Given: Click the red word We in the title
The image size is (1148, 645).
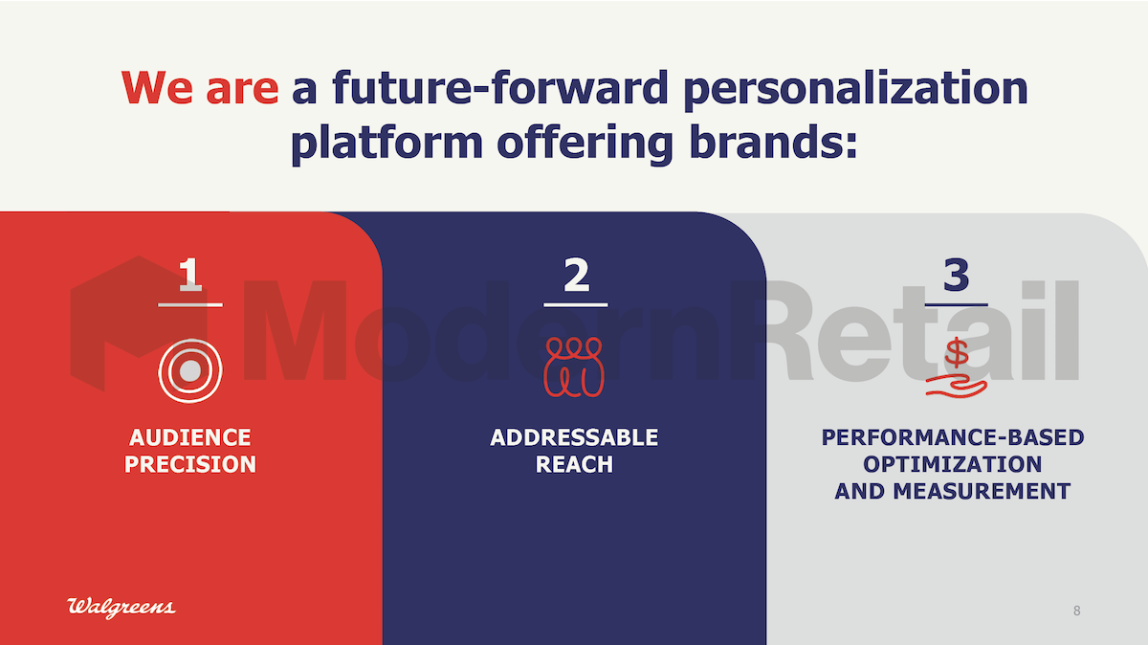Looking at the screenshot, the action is pos(157,88).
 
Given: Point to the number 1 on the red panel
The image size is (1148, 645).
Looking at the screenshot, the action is pos(190,275).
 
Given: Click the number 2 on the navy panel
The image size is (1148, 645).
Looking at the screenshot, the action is pos(576,275).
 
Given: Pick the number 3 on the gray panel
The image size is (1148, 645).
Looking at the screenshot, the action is pos(957,275).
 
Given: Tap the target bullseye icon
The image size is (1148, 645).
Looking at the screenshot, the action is pos(190,370).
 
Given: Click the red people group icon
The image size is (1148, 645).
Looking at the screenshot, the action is pos(574,367).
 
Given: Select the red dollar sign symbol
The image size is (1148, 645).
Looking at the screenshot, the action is pos(957,353).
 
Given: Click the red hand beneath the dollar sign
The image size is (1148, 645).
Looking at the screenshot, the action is pos(957,387).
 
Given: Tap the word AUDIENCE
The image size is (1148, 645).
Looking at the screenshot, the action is pos(190,437).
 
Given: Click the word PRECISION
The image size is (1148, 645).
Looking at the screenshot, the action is pos(190,464).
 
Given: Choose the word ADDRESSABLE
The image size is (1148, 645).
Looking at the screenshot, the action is pos(574,437).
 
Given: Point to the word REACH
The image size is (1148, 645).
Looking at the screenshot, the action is pos(574,464).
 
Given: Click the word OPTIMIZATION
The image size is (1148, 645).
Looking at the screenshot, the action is pos(953,464).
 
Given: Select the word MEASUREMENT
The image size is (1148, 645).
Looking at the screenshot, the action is pos(982,491).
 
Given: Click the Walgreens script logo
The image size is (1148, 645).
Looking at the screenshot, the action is pos(121,608).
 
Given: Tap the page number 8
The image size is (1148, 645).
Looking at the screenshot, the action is pos(1077,611).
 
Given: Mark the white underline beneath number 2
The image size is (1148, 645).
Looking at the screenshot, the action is pos(576,305).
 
